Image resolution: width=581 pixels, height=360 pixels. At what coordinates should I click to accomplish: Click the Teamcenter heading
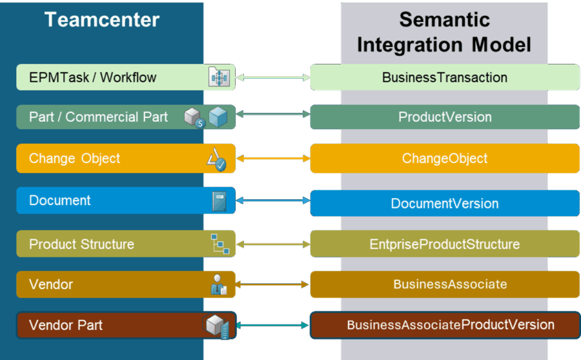102,19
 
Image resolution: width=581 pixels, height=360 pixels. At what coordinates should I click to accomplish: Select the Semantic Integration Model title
444,32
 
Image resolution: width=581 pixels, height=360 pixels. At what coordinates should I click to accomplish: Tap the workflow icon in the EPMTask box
219,77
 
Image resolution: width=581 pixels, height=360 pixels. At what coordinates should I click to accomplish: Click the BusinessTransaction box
445,77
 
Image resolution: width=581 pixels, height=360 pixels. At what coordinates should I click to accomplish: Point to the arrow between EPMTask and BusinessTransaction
273,78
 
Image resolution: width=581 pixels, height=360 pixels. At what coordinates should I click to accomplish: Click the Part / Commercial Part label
98,117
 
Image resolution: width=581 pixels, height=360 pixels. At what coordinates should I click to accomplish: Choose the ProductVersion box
445,117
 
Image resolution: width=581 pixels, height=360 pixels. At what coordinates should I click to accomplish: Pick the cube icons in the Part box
206,117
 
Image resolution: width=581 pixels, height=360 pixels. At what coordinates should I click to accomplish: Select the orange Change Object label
75,158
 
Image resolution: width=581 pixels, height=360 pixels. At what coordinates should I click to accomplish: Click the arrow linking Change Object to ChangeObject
273,158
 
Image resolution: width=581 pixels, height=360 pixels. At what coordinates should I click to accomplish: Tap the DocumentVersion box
445,203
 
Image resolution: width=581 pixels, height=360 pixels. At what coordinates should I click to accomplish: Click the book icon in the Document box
219,201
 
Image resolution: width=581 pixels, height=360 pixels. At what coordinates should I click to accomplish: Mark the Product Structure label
82,245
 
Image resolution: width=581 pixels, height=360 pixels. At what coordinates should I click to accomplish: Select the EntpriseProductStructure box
445,245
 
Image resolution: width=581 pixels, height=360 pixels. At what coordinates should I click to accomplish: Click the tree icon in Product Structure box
219,244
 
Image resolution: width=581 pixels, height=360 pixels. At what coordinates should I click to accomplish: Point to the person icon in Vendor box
219,285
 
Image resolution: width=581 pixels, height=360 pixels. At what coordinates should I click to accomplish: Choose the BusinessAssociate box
445,284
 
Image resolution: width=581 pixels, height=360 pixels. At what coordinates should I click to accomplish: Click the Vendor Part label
66,325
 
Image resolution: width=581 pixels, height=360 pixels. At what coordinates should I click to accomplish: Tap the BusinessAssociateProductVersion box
445,325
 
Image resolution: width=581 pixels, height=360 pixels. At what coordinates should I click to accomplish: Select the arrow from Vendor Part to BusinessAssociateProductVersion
273,326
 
